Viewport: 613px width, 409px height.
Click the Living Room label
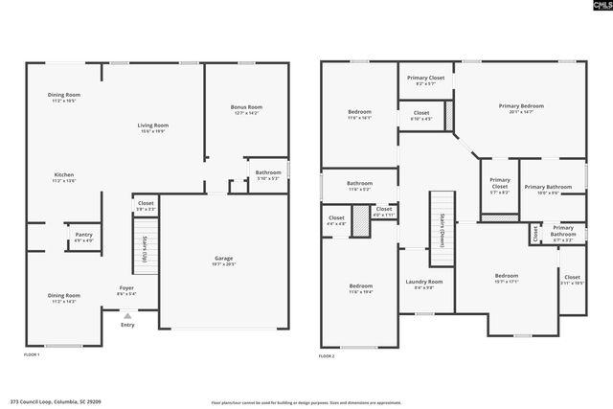tap(153, 127)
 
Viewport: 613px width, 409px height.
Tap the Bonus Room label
tap(246, 109)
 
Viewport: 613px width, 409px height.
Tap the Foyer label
tap(126, 290)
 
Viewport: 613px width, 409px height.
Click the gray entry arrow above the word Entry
tap(127, 315)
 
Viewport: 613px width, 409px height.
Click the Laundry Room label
tap(423, 284)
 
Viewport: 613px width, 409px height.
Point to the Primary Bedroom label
tap(521, 108)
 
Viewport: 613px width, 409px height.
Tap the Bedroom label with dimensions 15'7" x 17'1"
tap(506, 278)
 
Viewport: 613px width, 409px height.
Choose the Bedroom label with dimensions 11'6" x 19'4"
tap(360, 288)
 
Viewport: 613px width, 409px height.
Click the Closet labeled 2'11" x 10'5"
tap(572, 282)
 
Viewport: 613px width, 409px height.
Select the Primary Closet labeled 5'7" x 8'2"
tap(499, 185)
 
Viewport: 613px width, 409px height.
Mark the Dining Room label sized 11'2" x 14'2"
tap(64, 298)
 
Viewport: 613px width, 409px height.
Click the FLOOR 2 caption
tap(327, 355)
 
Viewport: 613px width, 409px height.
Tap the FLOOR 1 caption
tap(32, 355)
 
